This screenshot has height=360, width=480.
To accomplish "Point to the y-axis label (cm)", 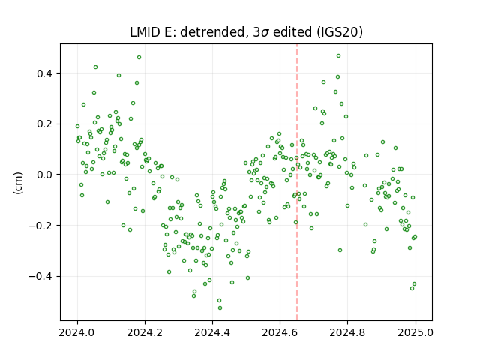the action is pos(18,183).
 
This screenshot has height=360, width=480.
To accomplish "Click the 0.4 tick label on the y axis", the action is pos(45,73).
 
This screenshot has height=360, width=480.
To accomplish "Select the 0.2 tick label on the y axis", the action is pos(45,124).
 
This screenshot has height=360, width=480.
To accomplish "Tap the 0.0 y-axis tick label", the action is pos(45,175).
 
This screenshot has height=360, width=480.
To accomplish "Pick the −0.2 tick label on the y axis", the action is pos(40,226).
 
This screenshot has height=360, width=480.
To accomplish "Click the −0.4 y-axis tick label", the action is pos(40,277).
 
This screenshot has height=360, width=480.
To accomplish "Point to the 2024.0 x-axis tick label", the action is pos(77,332).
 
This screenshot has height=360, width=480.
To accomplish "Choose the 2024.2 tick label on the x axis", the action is pos(145,332).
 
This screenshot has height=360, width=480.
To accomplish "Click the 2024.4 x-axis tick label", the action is pos(212,332).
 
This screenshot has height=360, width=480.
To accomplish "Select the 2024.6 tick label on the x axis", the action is pos(280,332).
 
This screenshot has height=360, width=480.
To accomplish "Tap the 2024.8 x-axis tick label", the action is pos(347,332).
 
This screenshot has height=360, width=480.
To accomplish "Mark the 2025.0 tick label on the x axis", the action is pos(415,332).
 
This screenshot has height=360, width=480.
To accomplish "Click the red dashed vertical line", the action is pos(297,182).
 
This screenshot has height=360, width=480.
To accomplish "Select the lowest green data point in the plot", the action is pos(220,308).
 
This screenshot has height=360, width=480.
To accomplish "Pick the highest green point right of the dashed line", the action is pos(338,56).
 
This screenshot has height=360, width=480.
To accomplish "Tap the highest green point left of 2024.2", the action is pos(139,58).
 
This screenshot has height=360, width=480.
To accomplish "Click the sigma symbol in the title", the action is pos(265,33).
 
